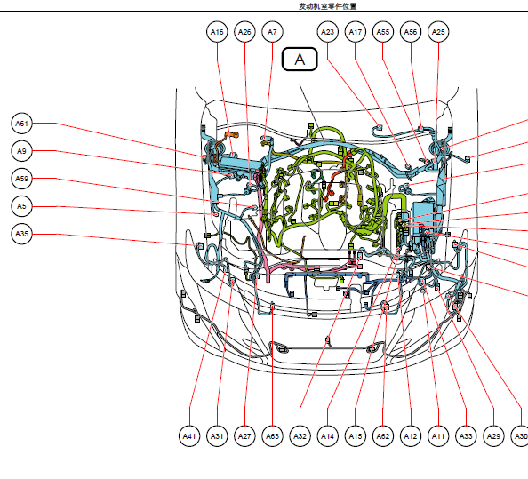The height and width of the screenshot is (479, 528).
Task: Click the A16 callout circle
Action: coord(217,32)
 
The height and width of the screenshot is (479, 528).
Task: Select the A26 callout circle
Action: coord(244,32)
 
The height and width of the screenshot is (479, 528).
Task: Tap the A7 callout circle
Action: coord(272,32)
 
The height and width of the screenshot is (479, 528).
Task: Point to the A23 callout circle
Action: coord(327,32)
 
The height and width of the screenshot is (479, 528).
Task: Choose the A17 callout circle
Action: coord(355,32)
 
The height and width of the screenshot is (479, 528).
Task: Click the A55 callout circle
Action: coord(383,32)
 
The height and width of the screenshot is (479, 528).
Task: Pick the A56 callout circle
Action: coord(411,32)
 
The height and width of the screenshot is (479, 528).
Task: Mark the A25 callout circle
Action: coord(438,32)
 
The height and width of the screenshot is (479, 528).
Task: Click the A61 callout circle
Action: coord(21,124)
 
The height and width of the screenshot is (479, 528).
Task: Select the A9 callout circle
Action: coord(21,151)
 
